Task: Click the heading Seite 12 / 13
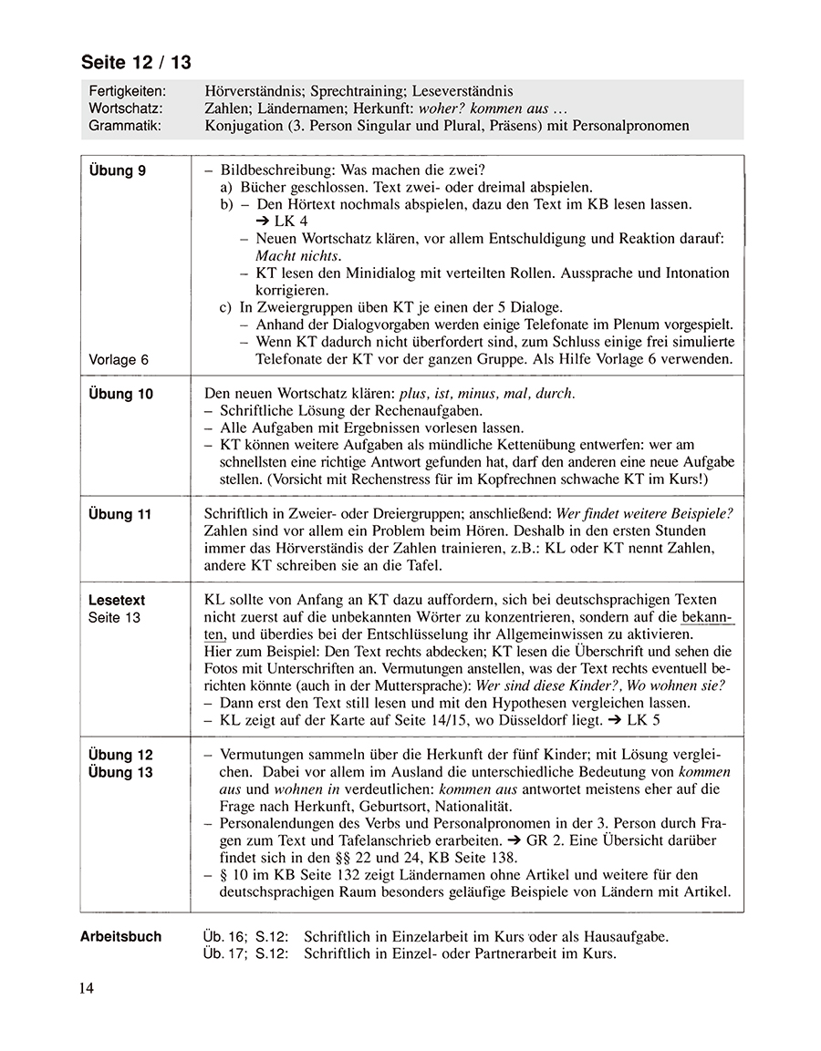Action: [x=136, y=63]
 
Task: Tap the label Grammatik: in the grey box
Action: [x=125, y=125]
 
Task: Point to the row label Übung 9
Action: [x=117, y=170]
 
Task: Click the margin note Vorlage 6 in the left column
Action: [x=119, y=360]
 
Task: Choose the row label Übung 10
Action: [x=120, y=394]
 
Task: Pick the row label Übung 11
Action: [x=120, y=514]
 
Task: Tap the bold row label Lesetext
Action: [x=117, y=601]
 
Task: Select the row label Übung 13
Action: [x=120, y=773]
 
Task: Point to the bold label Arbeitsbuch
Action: [x=120, y=936]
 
